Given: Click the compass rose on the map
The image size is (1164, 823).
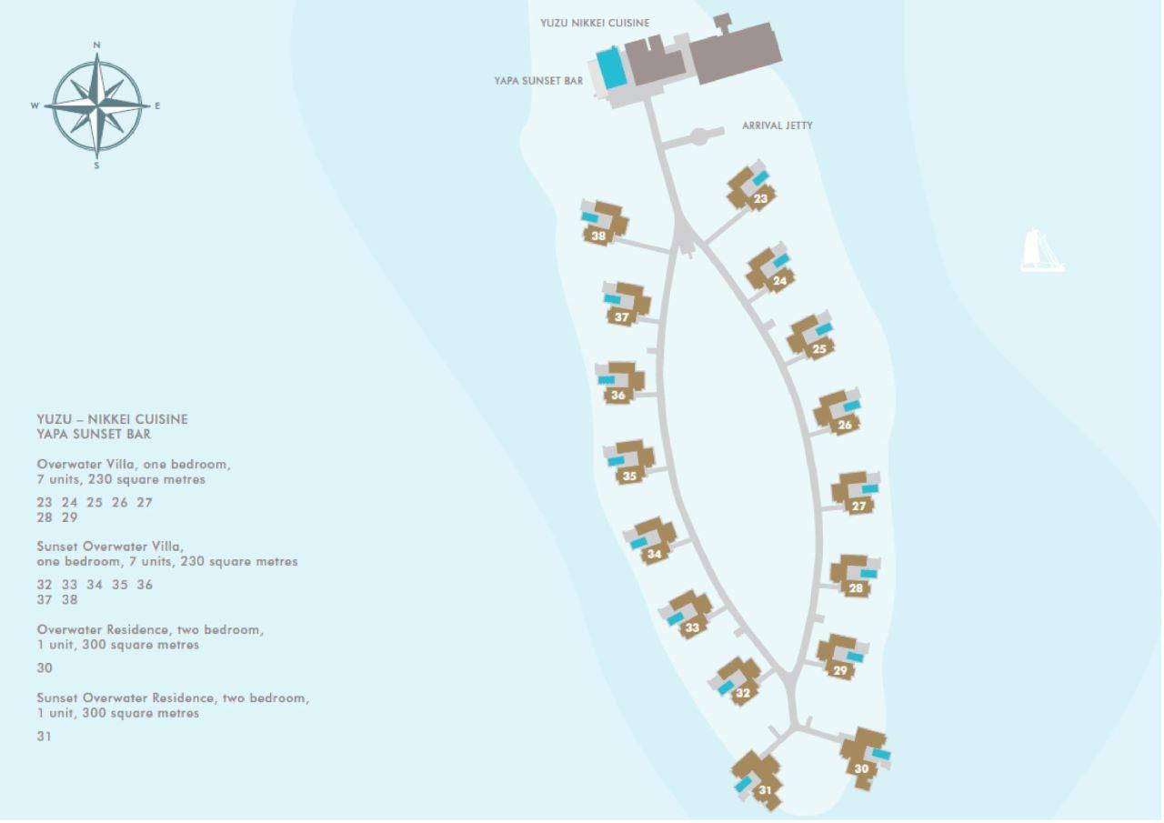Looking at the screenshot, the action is click(x=96, y=106).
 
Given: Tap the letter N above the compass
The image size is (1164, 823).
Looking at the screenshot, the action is click(x=96, y=45).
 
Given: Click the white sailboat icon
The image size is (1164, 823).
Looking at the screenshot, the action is click(x=1042, y=250).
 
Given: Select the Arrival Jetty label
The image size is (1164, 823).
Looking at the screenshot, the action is click(x=777, y=125).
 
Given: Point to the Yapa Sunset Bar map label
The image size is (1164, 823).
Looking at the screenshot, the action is click(x=538, y=81).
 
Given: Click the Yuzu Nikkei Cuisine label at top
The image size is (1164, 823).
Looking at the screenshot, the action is click(x=595, y=23).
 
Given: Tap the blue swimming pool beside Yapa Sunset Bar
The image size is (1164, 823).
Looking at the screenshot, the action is click(x=610, y=68).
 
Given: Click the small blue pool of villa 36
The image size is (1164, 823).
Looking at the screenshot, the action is click(x=606, y=380).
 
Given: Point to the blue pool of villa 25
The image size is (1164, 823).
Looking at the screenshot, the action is click(x=824, y=329).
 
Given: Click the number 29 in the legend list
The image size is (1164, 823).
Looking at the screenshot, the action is click(x=70, y=517).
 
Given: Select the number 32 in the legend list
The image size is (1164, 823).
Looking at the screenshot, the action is click(x=45, y=585).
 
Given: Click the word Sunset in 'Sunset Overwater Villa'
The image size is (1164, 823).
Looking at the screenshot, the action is click(x=57, y=547).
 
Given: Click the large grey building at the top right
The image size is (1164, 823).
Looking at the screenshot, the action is click(x=734, y=53).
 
